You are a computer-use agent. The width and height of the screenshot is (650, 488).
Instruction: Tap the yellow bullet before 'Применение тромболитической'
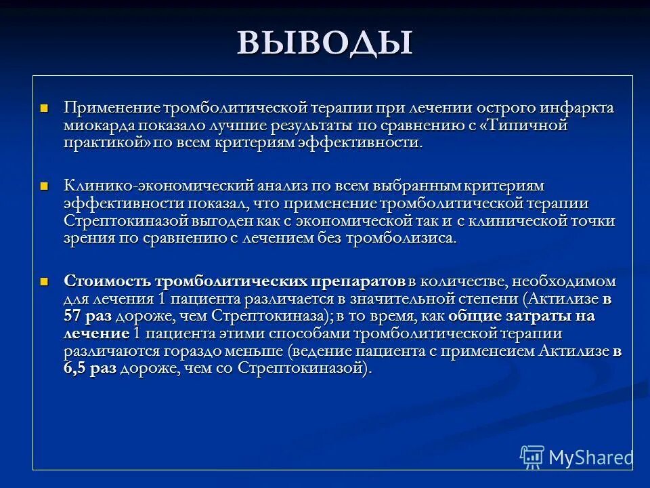coord(45,108)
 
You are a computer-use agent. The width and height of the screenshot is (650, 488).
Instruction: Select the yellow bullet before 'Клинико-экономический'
coord(45,185)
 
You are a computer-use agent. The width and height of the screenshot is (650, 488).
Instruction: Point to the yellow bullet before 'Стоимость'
coord(45,280)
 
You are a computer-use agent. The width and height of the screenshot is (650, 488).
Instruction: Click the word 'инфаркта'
coord(583,108)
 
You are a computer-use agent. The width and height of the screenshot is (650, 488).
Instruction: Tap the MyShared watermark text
coord(590,457)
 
